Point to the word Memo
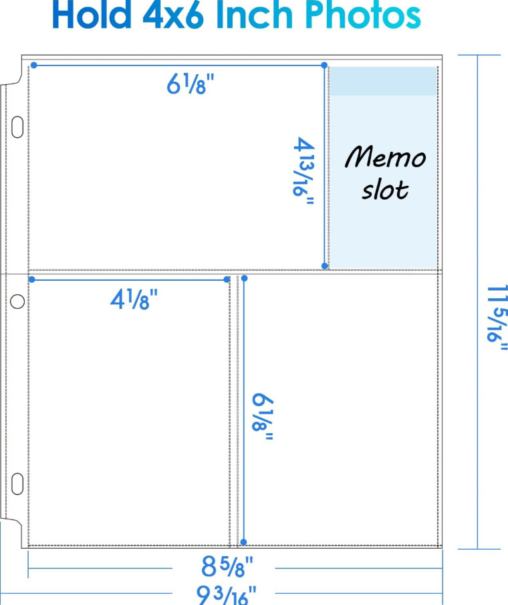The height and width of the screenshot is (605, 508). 386,158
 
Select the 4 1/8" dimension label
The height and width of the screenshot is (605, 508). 134,299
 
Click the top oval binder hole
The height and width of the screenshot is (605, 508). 18,127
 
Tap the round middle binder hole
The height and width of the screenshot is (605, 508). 18,301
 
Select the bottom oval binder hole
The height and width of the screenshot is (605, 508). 18,483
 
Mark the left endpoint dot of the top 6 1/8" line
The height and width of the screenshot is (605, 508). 34,65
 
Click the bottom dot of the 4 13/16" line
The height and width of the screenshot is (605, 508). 325,266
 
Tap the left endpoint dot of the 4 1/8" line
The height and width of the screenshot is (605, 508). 31,279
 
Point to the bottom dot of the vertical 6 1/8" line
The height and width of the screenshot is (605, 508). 244,541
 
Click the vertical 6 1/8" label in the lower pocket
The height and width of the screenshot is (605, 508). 263,416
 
